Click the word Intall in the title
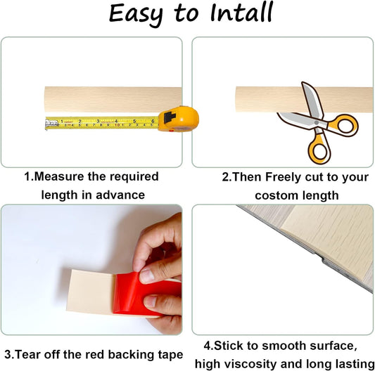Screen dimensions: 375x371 click(x=241, y=13)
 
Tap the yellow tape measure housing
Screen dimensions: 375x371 click(x=179, y=119)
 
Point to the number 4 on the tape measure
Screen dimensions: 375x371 click(x=116, y=121)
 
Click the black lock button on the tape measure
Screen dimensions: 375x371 click(x=170, y=117)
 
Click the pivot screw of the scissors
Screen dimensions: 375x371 click(x=317, y=123)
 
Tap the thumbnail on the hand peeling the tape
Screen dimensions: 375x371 click(x=146, y=275)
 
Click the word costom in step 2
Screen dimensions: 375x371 click(x=277, y=195)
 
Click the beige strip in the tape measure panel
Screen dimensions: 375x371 click(x=113, y=100)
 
